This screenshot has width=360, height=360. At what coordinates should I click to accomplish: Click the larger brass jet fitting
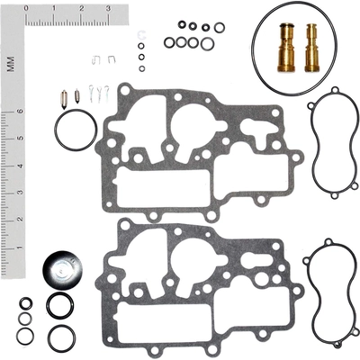(286, 48)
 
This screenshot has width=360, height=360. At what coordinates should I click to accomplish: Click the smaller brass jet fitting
(312, 48)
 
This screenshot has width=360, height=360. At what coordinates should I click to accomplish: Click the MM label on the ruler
(11, 64)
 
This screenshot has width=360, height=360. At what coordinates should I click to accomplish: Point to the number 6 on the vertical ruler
(21, 111)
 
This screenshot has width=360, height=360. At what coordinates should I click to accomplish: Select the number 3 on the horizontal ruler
(108, 9)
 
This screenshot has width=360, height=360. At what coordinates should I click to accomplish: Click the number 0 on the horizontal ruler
(26, 9)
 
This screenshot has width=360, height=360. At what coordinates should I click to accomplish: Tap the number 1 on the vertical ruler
(21, 247)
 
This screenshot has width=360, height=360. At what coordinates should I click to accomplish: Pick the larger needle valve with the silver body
(64, 98)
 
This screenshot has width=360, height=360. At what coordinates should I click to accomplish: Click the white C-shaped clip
(142, 35)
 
